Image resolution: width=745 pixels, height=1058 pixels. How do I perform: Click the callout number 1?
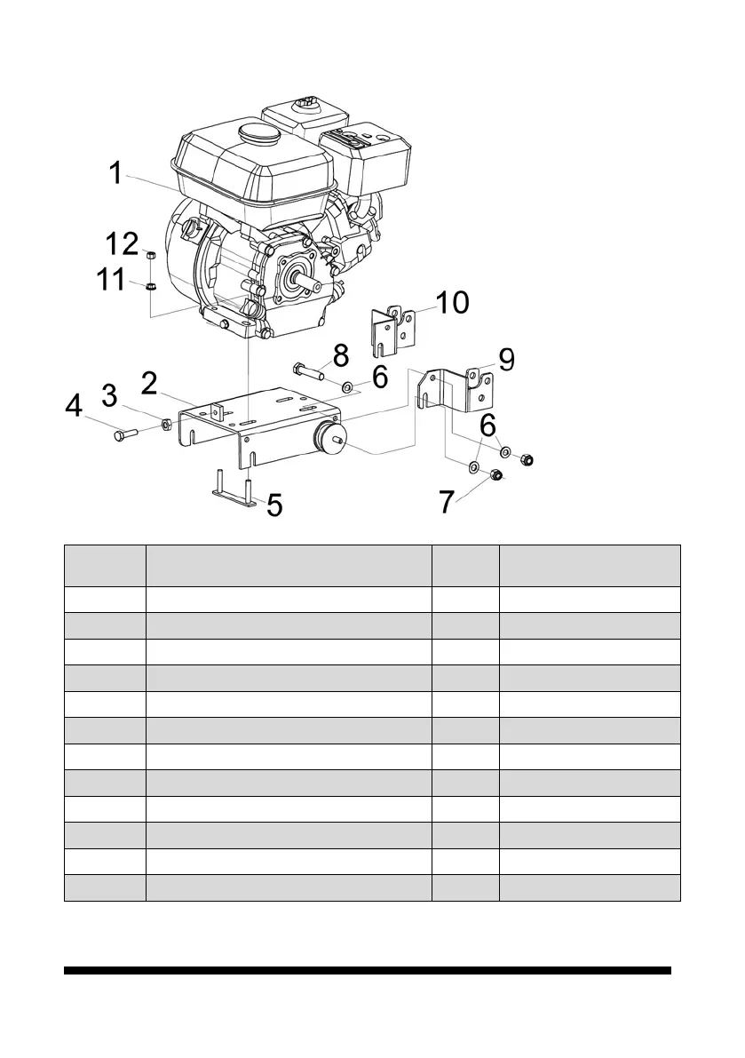click(115, 172)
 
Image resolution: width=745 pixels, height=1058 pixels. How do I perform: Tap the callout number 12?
click(121, 243)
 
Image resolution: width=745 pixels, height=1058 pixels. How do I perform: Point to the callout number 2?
click(149, 384)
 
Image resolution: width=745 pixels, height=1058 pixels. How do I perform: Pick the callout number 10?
click(453, 302)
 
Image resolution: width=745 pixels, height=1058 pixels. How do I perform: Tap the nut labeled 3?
click(166, 424)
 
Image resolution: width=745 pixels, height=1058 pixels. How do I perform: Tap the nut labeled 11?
click(152, 286)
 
